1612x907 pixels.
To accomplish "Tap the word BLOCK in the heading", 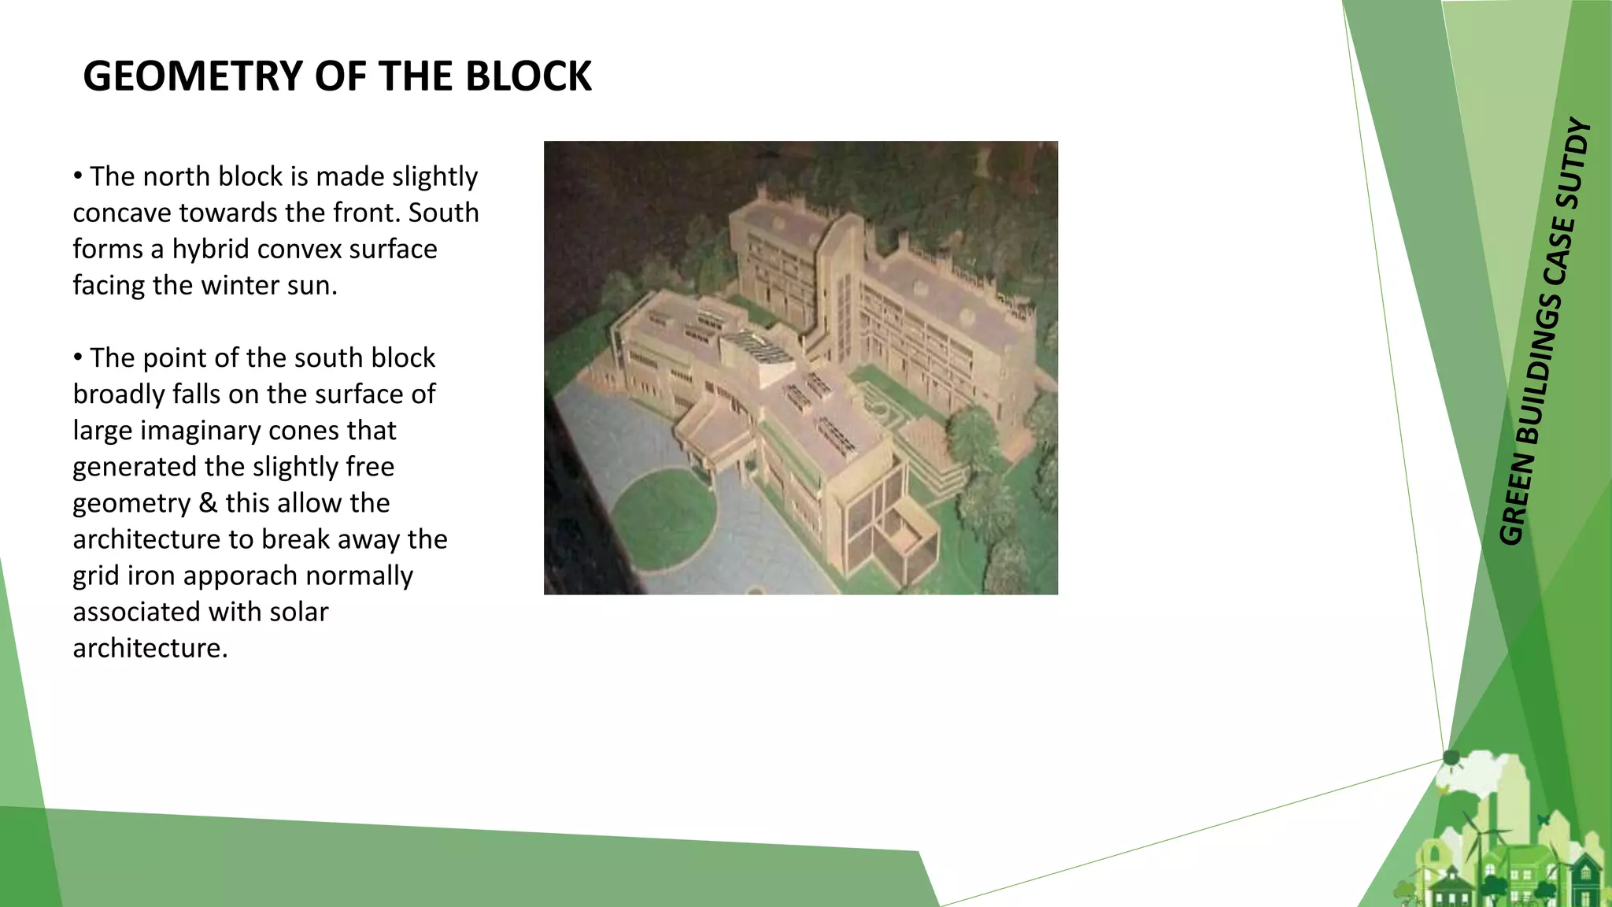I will coord(528,76).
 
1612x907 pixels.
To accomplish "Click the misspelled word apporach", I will coord(243,576).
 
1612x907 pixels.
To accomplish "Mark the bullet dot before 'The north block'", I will coord(78,176).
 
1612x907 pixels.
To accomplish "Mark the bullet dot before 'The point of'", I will coord(78,357).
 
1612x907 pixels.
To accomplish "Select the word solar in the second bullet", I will coord(298,612).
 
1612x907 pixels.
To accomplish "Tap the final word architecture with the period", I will coord(150,648).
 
